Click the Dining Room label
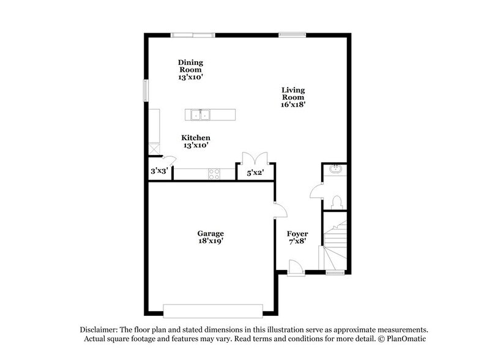click(x=190, y=70)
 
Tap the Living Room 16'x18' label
click(x=293, y=97)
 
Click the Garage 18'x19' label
click(x=210, y=237)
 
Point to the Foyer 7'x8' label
click(x=297, y=238)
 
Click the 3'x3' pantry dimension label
click(x=159, y=172)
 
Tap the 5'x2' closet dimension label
click(x=255, y=173)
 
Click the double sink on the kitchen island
click(x=199, y=114)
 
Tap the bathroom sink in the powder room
click(x=335, y=169)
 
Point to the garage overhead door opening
click(x=212, y=308)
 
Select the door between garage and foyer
click(x=280, y=209)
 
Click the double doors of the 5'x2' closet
click(x=255, y=157)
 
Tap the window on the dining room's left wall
click(x=146, y=90)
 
